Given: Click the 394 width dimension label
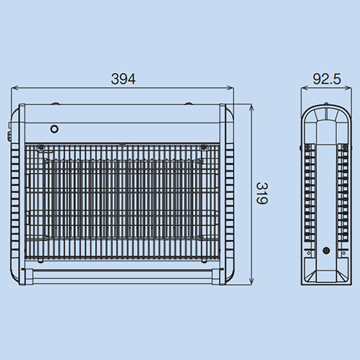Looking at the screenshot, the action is point(123,79).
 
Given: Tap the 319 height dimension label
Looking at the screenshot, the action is point(262,193).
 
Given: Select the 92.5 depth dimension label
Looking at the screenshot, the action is point(327,79).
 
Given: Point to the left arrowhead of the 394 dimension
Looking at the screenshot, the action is point(14,88).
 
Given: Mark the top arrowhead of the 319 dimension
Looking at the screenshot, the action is point(251,108).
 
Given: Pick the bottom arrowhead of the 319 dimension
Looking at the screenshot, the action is point(251,282).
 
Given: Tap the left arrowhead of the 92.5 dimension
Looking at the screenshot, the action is point(305,88).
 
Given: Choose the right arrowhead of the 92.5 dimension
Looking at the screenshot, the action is point(348,88).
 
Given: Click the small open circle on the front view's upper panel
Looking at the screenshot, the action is point(55,129).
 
